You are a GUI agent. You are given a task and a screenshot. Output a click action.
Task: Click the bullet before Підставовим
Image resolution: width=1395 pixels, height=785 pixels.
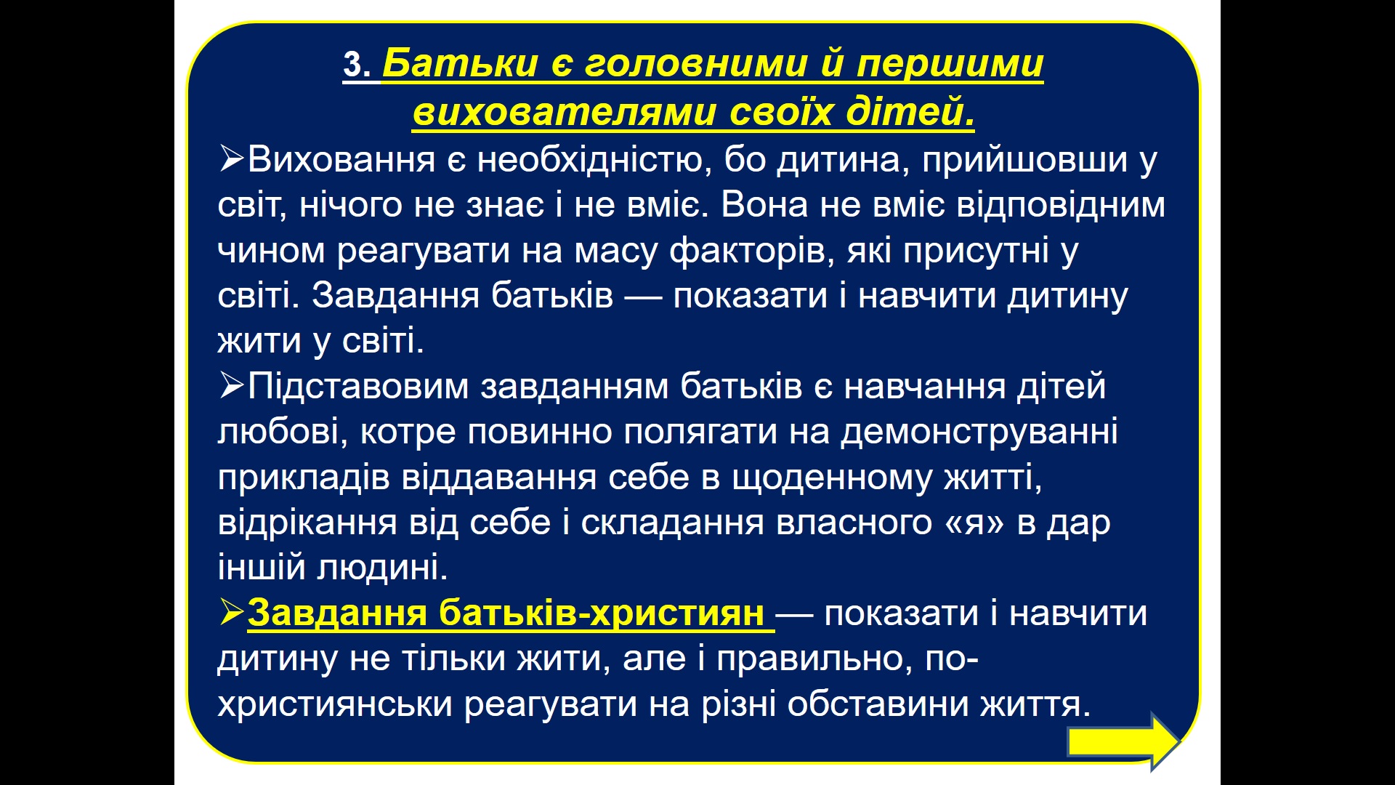231,385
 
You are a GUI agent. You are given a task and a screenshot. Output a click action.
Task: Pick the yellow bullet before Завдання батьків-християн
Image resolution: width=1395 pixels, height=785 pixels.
231,612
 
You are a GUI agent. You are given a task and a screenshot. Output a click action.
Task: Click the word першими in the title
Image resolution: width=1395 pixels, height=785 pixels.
950,65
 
